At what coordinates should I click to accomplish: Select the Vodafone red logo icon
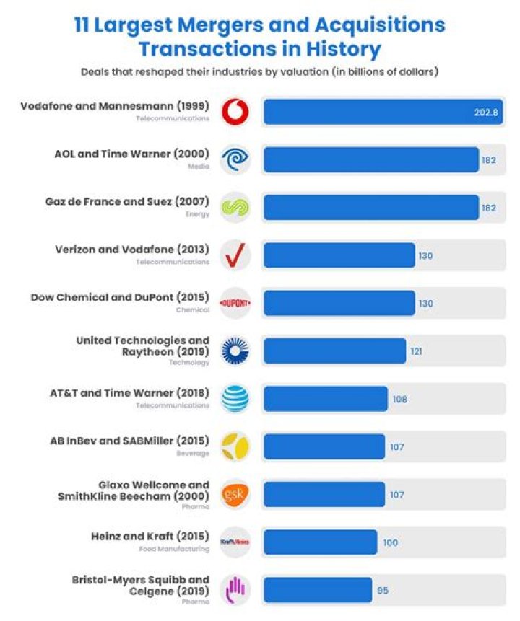pos(235,113)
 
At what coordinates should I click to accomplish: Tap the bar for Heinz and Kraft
pos(320,542)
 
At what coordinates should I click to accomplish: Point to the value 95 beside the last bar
pos(383,590)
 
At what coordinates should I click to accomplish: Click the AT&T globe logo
pos(235,399)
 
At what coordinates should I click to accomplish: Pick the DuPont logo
pos(235,304)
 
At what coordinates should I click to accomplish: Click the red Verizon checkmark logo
pos(235,256)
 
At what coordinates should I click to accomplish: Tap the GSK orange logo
pos(235,495)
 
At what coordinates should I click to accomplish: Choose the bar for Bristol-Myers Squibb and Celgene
pos(318,590)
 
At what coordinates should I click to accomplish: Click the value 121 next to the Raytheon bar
pos(417,351)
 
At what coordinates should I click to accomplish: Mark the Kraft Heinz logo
pos(235,542)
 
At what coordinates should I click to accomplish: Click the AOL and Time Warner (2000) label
pos(132,154)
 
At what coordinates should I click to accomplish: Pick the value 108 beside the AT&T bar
pos(399,399)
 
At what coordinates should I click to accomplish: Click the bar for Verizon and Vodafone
pos(339,256)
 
